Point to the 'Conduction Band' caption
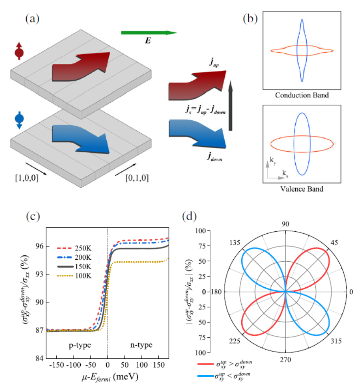[x=302, y=96]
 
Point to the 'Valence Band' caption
[x=302, y=189]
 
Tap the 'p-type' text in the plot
[x=73, y=345]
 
